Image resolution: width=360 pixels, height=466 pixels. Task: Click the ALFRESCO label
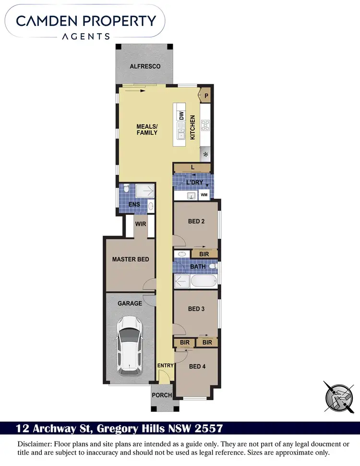tap(145, 66)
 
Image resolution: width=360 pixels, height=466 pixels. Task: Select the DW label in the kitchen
tap(181, 116)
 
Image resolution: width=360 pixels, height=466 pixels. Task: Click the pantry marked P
tap(206, 96)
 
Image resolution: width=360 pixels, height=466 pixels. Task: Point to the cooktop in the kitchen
tap(205, 125)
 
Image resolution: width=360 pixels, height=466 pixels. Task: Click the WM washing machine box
tap(204, 195)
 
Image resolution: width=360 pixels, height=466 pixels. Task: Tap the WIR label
tap(141, 224)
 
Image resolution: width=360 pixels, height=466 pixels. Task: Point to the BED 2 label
tap(196, 221)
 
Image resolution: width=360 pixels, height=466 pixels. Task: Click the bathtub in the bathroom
tap(203, 280)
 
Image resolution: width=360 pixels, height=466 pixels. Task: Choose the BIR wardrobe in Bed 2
tap(204, 253)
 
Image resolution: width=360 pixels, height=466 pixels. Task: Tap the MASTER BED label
tap(131, 259)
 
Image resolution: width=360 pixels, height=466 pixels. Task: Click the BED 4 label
tap(197, 367)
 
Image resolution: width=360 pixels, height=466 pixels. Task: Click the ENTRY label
tap(166, 366)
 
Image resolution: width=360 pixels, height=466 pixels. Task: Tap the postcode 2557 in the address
tap(208, 428)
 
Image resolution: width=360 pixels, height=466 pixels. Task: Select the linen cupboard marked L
tap(192, 168)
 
